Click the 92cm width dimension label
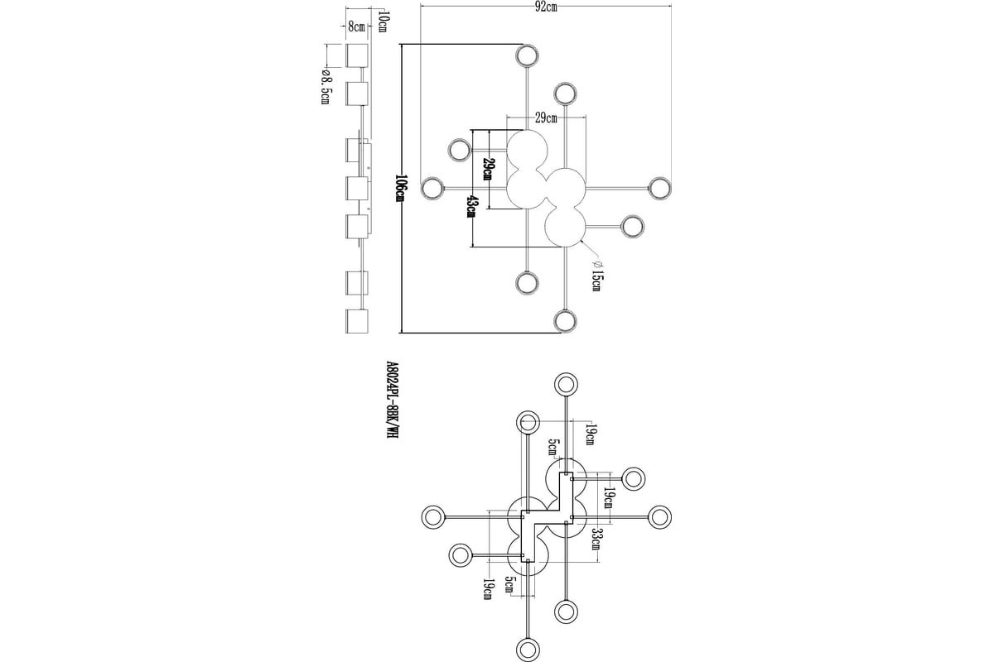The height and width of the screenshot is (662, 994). click(545, 7)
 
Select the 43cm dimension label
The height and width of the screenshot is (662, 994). click(471, 207)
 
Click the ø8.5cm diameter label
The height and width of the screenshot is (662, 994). click(326, 88)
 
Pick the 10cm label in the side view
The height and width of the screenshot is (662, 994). click(382, 22)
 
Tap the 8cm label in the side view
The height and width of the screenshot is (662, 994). click(356, 26)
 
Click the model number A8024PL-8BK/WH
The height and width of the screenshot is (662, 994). click(392, 401)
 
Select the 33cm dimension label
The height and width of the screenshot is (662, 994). click(597, 539)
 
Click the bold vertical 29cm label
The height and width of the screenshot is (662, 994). click(488, 169)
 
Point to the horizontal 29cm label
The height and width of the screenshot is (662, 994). click(546, 118)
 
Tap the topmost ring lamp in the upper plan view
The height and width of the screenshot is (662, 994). click(527, 56)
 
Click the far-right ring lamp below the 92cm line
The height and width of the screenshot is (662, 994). click(660, 189)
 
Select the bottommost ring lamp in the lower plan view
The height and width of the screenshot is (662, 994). click(528, 650)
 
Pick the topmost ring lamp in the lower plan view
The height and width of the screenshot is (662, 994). click(566, 384)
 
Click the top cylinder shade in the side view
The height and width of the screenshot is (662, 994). click(357, 56)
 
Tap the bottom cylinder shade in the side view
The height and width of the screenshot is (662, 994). click(357, 321)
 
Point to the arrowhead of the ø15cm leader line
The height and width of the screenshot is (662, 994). click(582, 242)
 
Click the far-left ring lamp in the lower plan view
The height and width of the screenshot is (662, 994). click(432, 516)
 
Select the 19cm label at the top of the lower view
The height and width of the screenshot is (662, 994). click(591, 434)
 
